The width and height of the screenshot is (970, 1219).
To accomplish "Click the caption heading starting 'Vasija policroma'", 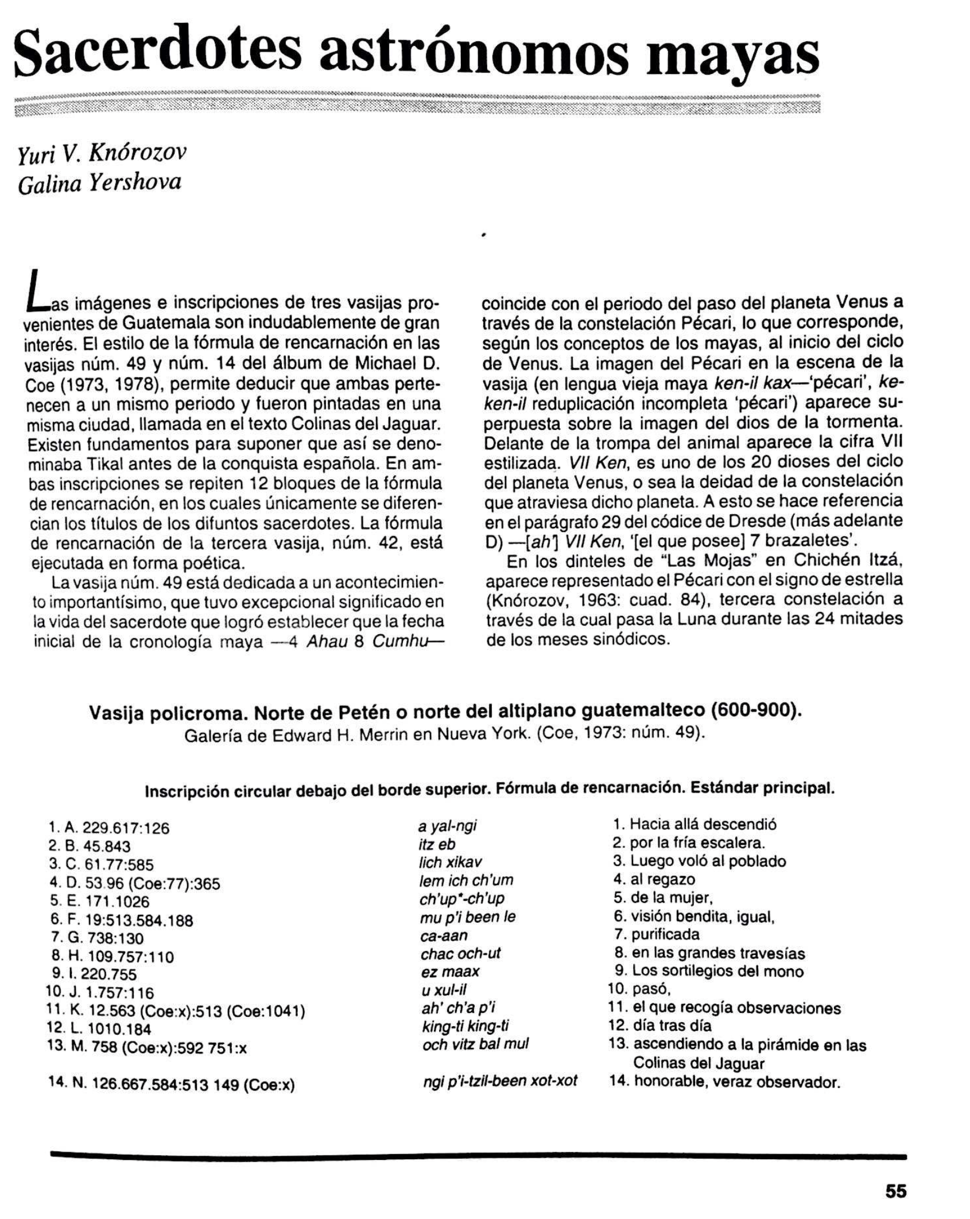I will [x=444, y=712].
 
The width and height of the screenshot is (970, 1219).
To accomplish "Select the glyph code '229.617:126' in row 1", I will [x=126, y=828].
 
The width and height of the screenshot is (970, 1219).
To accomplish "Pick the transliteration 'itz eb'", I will [x=437, y=844].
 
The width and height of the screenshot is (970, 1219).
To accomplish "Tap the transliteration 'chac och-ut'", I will [x=460, y=953].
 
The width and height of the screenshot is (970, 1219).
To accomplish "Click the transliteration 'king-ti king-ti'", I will [x=465, y=1026].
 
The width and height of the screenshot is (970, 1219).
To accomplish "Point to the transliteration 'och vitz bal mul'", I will [x=475, y=1045].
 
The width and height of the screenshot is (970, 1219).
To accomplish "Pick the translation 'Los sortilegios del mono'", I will [x=717, y=971].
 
